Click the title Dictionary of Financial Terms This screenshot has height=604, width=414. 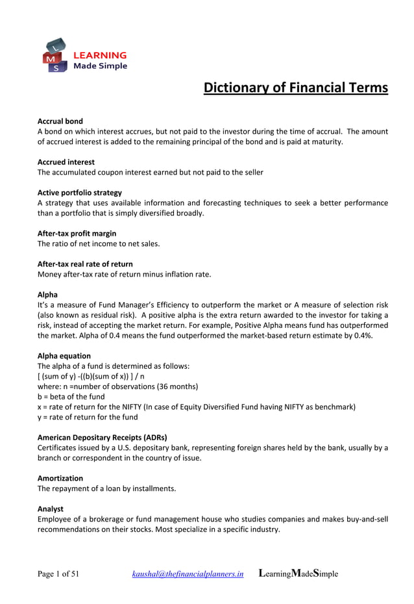[x=295, y=88]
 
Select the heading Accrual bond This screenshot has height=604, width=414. [x=60, y=121]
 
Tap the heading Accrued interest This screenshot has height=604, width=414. [x=66, y=162]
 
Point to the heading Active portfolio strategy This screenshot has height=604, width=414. [x=80, y=192]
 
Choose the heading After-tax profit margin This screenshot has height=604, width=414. [x=77, y=233]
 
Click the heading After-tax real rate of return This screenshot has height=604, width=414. [x=85, y=264]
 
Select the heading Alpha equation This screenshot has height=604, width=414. [x=64, y=356]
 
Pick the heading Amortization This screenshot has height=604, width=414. [x=60, y=478]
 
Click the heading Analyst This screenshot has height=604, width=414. [x=51, y=509]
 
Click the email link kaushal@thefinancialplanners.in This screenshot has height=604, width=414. [x=188, y=574]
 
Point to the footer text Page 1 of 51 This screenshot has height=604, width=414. [x=58, y=574]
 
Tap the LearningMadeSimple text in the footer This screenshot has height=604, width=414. [x=298, y=574]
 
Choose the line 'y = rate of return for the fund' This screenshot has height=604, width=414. [x=88, y=417]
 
